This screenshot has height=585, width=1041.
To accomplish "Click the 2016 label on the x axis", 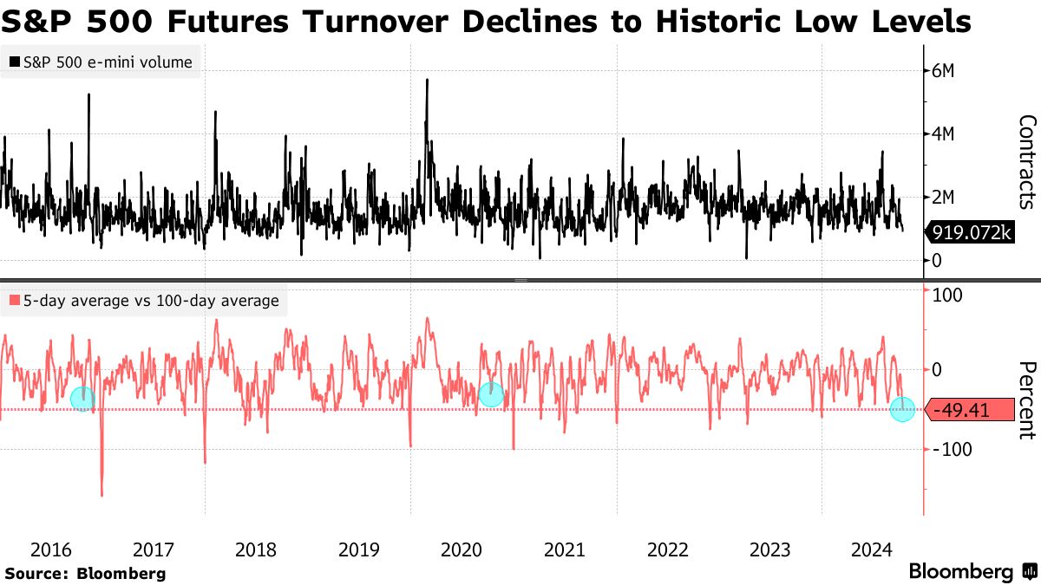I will pos(50,549).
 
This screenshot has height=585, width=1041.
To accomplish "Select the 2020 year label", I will pos(462,549).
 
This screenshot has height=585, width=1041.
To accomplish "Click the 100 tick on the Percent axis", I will pos(947,296).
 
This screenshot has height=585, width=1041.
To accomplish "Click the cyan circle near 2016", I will pos(82,399).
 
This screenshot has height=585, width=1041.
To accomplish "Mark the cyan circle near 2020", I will pos(491,394).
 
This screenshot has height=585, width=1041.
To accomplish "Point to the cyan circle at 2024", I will pos(903,410).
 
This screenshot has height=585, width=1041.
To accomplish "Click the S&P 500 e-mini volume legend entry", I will pos(101,62).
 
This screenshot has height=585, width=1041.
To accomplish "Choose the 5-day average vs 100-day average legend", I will pos(144,301).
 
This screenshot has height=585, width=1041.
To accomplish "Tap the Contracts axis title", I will pos(1026,162).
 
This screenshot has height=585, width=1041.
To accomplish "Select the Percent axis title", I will pos(1026,400).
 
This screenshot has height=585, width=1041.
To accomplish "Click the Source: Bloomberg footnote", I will pos(85,573).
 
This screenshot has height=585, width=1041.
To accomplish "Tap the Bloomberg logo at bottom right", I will pos(972,572).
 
